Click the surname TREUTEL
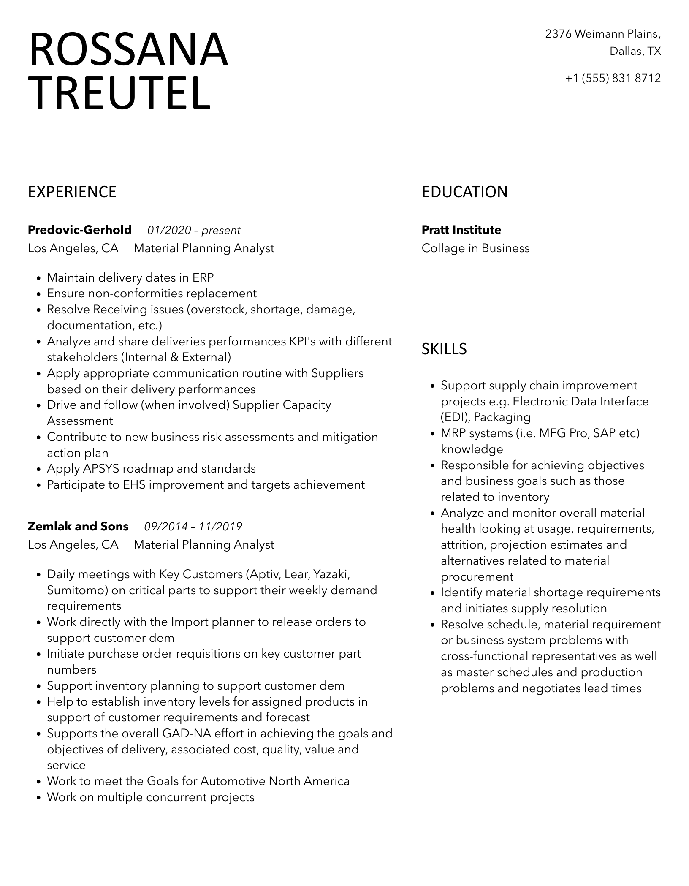tap(120, 93)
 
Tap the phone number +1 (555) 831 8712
tap(613, 78)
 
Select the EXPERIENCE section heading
tap(72, 192)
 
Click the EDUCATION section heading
tap(464, 192)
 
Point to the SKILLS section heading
tap(444, 349)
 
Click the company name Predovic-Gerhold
tap(80, 230)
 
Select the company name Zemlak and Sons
tap(78, 527)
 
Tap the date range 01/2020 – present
tap(194, 231)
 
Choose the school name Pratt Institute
tap(461, 230)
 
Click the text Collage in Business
tap(475, 248)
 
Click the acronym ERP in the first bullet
tap(203, 278)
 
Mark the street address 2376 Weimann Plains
tap(603, 34)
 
